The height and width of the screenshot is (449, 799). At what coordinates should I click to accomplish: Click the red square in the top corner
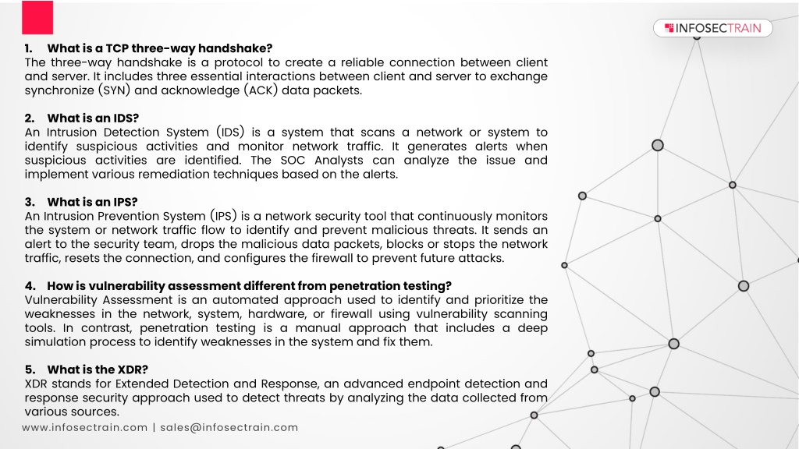pos(37,17)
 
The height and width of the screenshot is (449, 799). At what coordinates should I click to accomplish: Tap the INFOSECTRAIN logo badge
pos(712,28)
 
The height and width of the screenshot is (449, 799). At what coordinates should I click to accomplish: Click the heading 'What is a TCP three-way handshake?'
pos(159,48)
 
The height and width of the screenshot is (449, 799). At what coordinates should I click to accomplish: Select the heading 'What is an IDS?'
pos(93,118)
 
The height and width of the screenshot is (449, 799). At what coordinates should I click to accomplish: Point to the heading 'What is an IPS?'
pos(92,202)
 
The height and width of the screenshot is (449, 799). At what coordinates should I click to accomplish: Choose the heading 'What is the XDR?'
pos(98,369)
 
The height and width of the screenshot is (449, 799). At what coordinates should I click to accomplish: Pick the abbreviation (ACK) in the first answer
pos(261,90)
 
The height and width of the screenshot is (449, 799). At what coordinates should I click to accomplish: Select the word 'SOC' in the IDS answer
pos(293,161)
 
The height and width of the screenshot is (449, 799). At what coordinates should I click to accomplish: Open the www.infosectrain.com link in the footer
pos(84,428)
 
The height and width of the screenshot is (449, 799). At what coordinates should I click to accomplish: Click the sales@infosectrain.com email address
pos(229,428)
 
